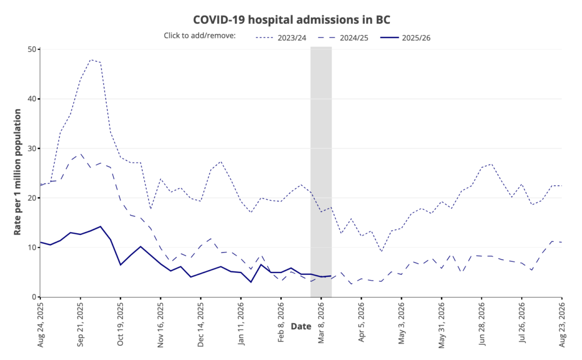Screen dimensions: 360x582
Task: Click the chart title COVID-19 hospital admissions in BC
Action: click(292, 19)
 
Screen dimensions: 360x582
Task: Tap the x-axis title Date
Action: click(301, 326)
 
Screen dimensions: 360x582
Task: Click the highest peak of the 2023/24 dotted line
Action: click(91, 59)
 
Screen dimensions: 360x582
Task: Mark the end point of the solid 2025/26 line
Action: click(331, 276)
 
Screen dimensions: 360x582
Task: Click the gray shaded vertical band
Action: click(321, 171)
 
